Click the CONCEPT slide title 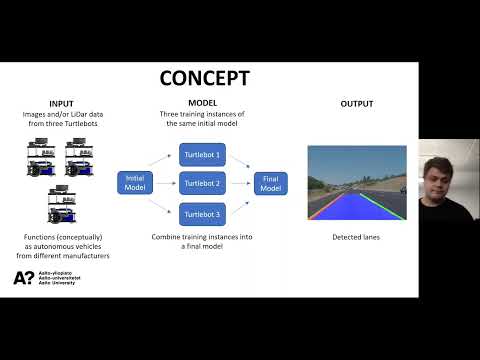(x=205, y=78)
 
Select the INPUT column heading (x=61, y=104)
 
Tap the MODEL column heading (x=203, y=103)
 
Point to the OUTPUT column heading (x=357, y=104)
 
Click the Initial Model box (x=135, y=183)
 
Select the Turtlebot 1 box (x=202, y=155)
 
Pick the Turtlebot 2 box (x=202, y=183)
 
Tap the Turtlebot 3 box (x=202, y=214)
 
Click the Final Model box (x=271, y=183)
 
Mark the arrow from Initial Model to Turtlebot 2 (x=166, y=183)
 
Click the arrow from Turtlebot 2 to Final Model (x=240, y=183)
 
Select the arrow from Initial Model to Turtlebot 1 (x=160, y=160)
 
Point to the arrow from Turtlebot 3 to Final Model (x=240, y=207)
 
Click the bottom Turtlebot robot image (x=62, y=204)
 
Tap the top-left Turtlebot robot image (x=41, y=157)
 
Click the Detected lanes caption (x=356, y=237)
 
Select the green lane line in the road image (x=382, y=206)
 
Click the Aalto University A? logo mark (x=24, y=278)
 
